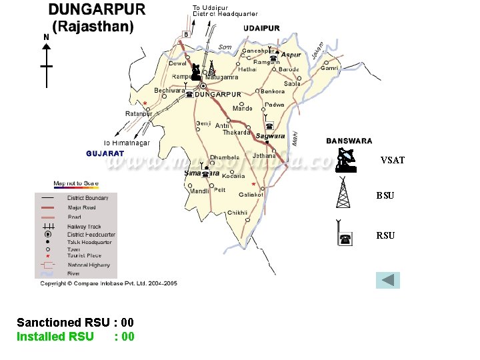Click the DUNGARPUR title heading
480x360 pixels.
pos(97,11)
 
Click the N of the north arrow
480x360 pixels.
pos(46,38)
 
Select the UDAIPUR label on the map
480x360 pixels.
pos(261,28)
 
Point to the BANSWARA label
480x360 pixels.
pos(349,141)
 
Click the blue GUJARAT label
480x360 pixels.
pos(105,153)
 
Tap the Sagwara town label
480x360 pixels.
pos(270,136)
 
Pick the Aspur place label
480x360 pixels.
pos(291,55)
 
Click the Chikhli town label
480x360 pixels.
pos(237,213)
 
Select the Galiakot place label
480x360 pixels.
pos(251,195)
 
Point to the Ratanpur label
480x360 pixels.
pos(138,113)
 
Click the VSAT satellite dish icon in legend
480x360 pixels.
pos(345,160)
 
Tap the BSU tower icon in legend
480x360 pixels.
pos(342,194)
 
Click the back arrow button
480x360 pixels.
pos(387,280)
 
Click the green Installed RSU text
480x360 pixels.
pos(51,337)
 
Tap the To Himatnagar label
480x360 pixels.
pos(127,143)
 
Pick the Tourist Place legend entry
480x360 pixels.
pos(84,255)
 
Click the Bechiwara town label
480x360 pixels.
pos(169,91)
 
